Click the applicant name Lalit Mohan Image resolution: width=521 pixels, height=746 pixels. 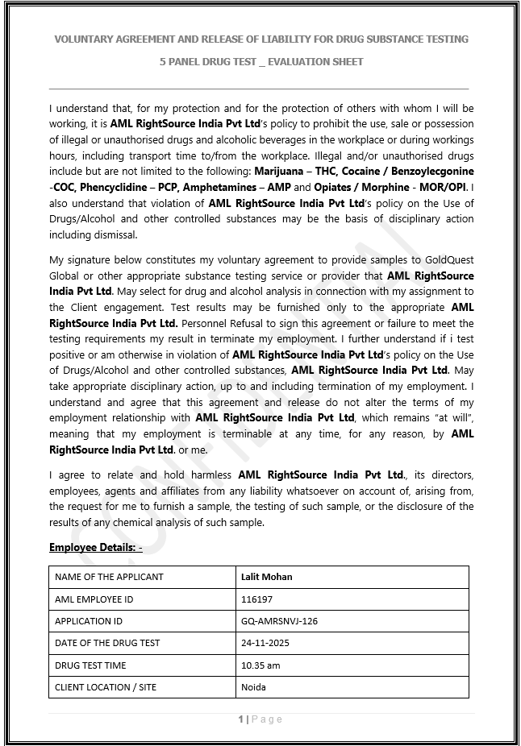tap(266, 577)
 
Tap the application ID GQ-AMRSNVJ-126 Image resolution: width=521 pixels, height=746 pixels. tap(279, 621)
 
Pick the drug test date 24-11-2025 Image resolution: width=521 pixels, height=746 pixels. tap(265, 643)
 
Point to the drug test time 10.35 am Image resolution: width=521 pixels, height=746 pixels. tap(260, 665)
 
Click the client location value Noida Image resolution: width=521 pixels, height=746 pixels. tap(253, 687)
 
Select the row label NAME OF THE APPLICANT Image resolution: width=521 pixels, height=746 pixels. tap(109, 577)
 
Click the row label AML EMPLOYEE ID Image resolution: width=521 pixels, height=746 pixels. tap(94, 599)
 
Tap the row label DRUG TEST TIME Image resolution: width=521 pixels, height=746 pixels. tap(90, 665)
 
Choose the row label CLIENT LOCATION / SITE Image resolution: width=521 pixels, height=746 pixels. tap(106, 687)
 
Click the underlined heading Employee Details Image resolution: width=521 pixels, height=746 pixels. tap(95, 548)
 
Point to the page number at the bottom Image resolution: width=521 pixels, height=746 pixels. tap(260, 719)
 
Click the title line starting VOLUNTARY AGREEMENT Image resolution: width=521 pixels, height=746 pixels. tap(260, 39)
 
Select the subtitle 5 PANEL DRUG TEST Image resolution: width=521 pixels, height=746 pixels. tap(260, 61)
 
